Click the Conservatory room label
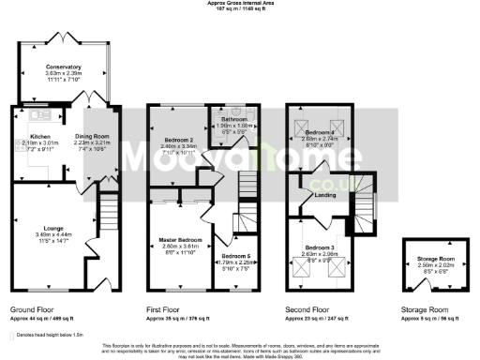coord(64,67)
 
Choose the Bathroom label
coord(233,121)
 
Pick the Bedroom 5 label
coord(236,255)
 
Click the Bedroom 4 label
coord(318,132)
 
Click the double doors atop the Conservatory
coord(64,39)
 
